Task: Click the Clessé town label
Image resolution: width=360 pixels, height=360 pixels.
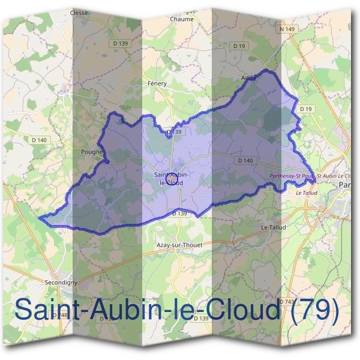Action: point(79,12)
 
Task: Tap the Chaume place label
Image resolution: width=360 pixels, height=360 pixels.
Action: point(181,19)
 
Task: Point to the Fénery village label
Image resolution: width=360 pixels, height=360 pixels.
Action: point(157,83)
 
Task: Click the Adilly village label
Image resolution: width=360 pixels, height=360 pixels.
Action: point(248,79)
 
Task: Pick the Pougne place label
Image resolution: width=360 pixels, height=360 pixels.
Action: point(92,152)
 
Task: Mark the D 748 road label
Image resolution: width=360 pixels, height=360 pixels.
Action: point(60,316)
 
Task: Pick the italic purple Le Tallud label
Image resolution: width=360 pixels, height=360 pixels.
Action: point(307,193)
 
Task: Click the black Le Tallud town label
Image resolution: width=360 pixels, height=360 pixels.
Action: point(274,227)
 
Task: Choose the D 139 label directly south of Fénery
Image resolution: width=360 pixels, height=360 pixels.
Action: point(173,131)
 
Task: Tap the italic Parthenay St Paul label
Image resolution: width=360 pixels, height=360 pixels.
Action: point(291,176)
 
